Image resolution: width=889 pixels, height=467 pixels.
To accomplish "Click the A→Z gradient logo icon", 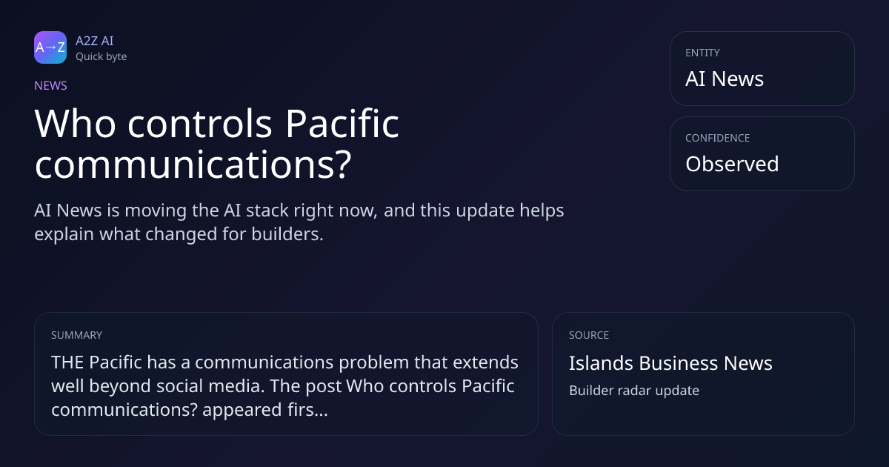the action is tap(50, 47).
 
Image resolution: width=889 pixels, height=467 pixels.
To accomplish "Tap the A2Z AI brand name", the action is tap(95, 41).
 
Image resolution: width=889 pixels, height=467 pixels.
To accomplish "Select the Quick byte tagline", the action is tap(101, 57).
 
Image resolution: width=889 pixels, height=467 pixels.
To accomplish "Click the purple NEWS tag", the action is tap(51, 85).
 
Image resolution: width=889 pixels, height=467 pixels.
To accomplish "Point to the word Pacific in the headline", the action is tap(342, 124).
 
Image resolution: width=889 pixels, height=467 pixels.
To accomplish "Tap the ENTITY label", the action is tap(702, 53).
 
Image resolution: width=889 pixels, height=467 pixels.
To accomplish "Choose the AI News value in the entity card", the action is tap(725, 79).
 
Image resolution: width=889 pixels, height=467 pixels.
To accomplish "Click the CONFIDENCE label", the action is tap(718, 138).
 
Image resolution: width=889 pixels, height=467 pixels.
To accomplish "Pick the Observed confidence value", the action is tap(732, 164).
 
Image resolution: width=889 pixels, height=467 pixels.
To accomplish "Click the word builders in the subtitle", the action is tap(287, 234).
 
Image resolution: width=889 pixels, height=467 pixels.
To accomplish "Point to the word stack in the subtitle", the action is tap(267, 211).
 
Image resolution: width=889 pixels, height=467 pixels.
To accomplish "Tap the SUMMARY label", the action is tap(76, 335).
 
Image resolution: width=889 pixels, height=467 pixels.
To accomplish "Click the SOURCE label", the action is tap(589, 335).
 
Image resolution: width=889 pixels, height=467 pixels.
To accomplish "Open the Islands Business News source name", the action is tap(670, 363).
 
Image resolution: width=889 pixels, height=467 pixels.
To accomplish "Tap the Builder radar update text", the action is tap(634, 391).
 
